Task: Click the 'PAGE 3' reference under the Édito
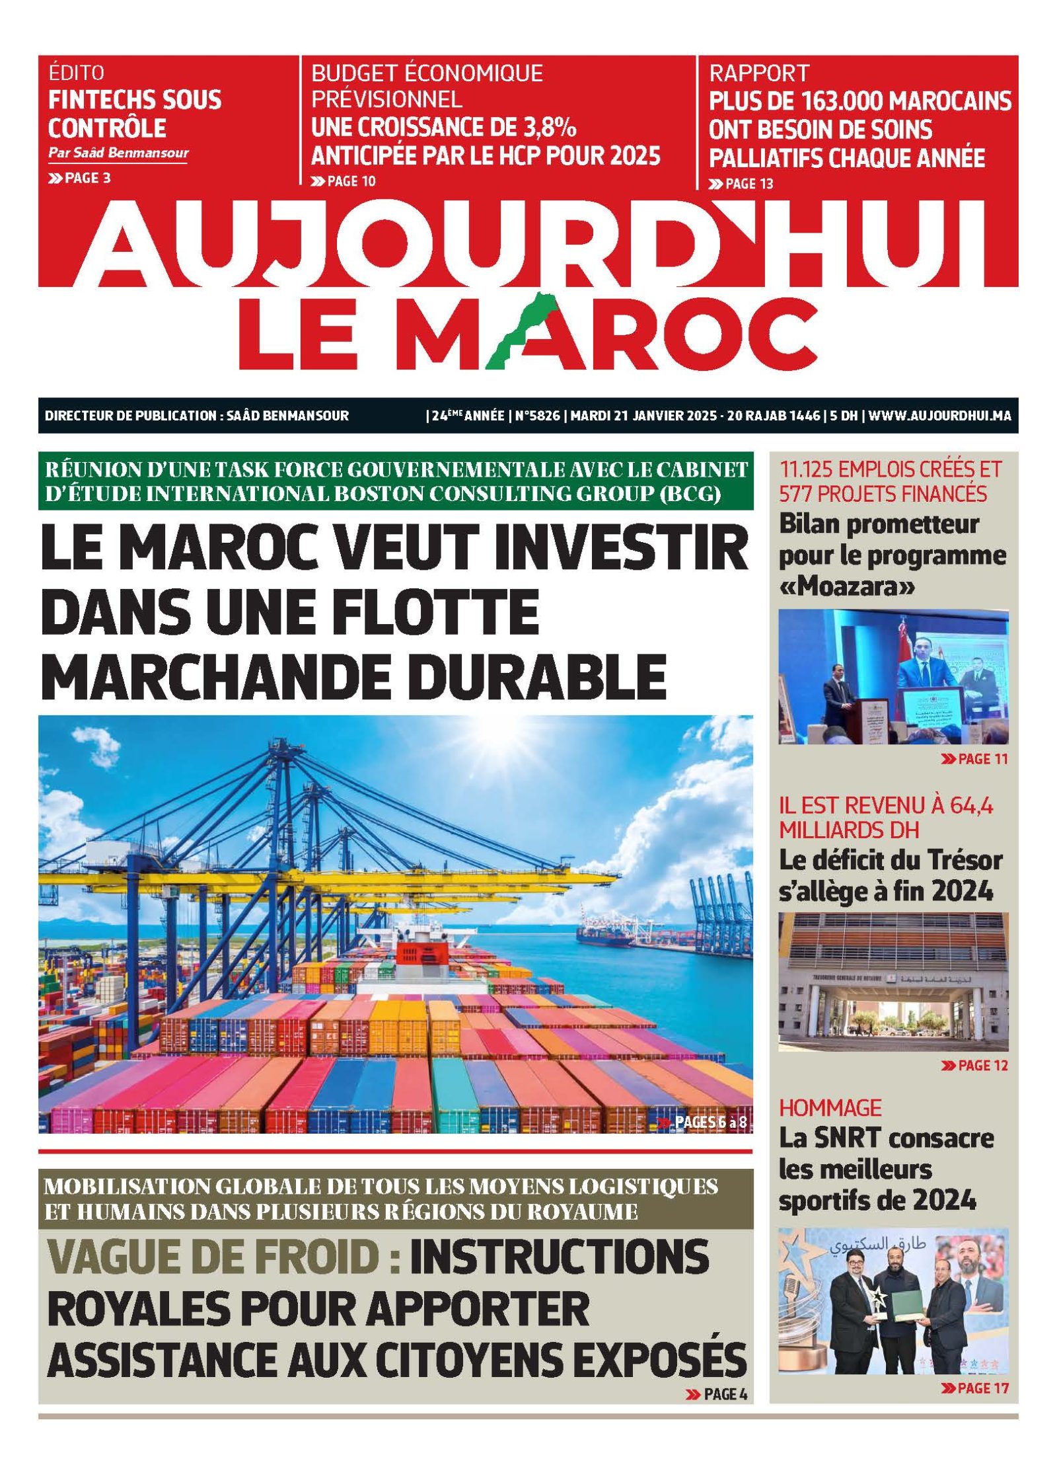pyautogui.click(x=79, y=177)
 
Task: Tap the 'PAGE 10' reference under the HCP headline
pyautogui.click(x=343, y=181)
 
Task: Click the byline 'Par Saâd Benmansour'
pyautogui.click(x=118, y=153)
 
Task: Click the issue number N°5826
pyautogui.click(x=537, y=416)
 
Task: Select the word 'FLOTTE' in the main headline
pyautogui.click(x=450, y=612)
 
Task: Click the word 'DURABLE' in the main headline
pyautogui.click(x=541, y=676)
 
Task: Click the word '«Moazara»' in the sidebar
pyautogui.click(x=848, y=586)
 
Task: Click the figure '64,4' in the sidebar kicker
pyautogui.click(x=970, y=806)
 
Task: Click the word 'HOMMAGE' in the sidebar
pyautogui.click(x=830, y=1107)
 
